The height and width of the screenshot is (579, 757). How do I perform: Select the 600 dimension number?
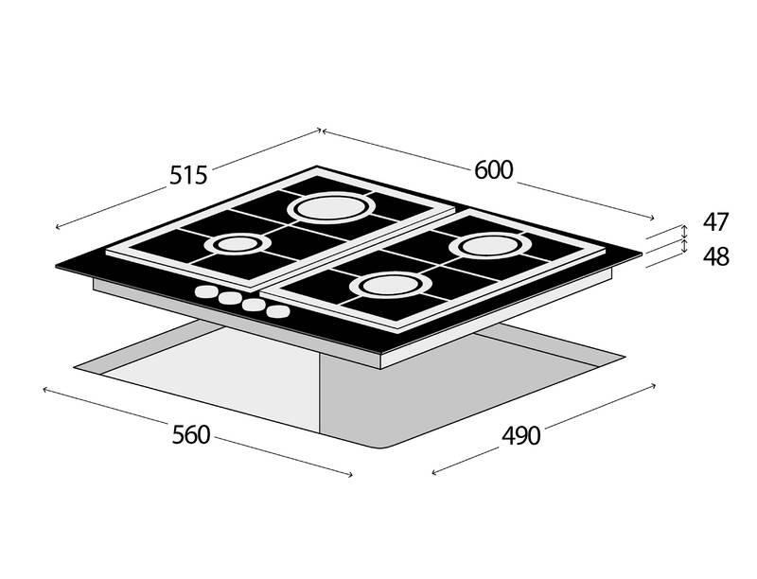click(493, 169)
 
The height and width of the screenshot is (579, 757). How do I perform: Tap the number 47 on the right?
click(715, 222)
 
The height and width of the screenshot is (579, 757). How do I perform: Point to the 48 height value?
click(715, 255)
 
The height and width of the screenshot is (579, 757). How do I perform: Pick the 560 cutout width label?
click(191, 434)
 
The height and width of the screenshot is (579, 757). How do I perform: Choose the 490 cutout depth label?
click(520, 435)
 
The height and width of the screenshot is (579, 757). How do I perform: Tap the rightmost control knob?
click(277, 310)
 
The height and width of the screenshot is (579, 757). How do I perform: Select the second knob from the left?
click(230, 299)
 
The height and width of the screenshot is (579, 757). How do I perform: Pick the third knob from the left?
click(254, 305)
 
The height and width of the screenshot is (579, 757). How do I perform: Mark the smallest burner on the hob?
click(232, 245)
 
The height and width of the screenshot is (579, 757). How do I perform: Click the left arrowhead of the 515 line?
click(59, 227)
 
